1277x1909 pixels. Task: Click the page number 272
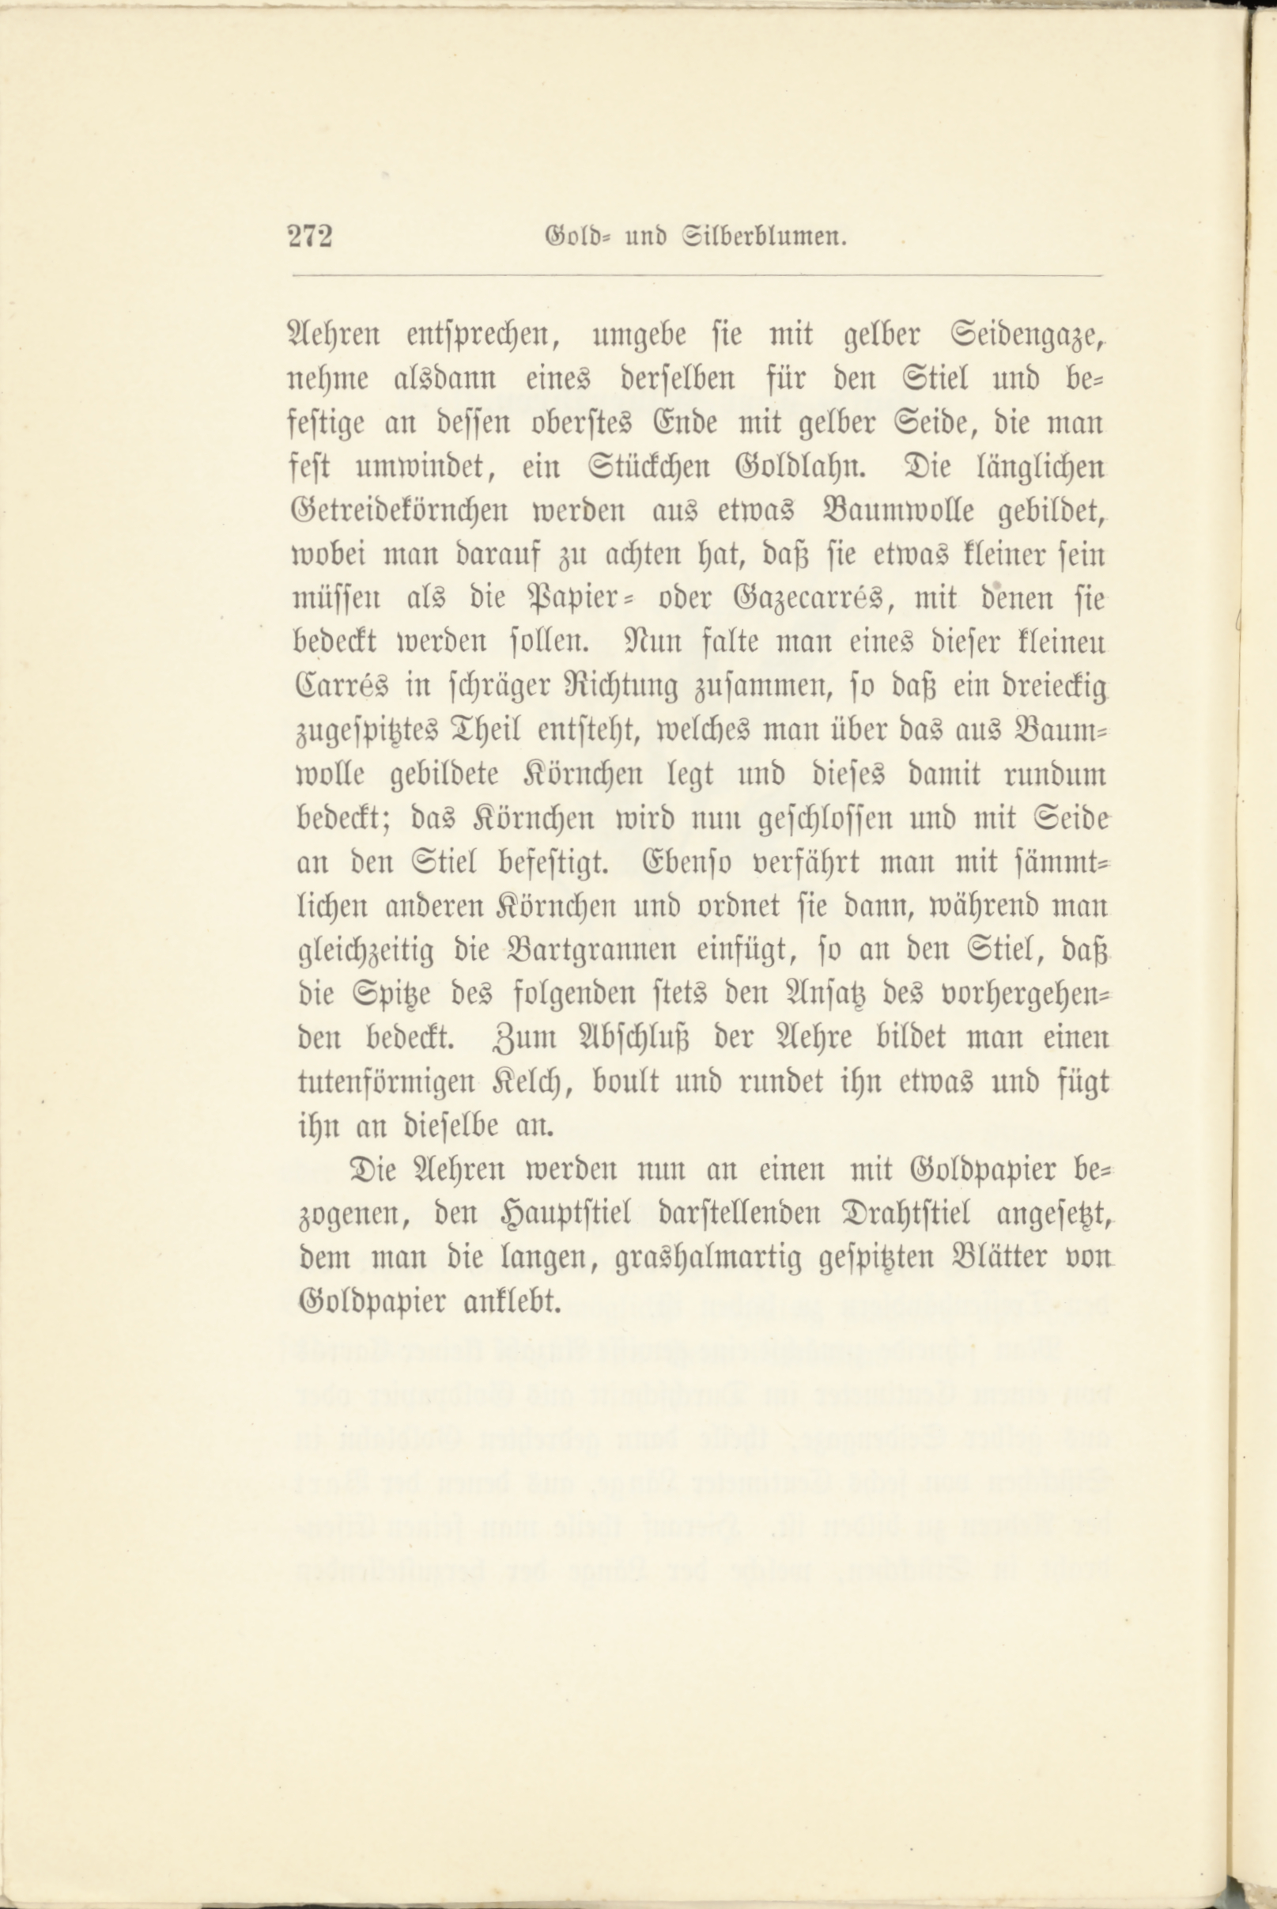(311, 237)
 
